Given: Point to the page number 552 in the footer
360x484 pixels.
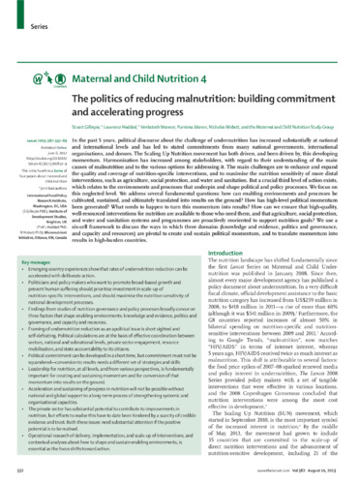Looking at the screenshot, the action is (x=29, y=473).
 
